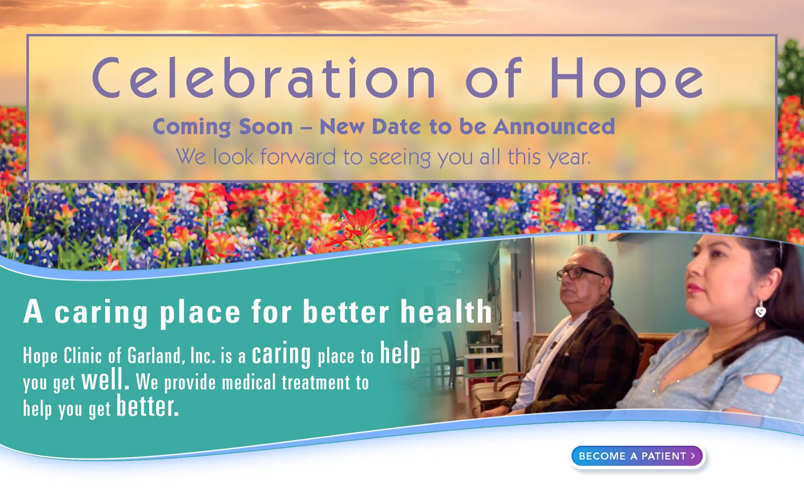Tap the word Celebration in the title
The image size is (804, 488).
point(264,77)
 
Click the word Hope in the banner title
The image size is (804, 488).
point(626,80)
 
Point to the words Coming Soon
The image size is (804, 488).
point(223,126)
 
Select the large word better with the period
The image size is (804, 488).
point(148,406)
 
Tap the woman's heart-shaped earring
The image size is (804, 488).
point(760,308)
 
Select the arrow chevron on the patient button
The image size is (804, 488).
point(693,456)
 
